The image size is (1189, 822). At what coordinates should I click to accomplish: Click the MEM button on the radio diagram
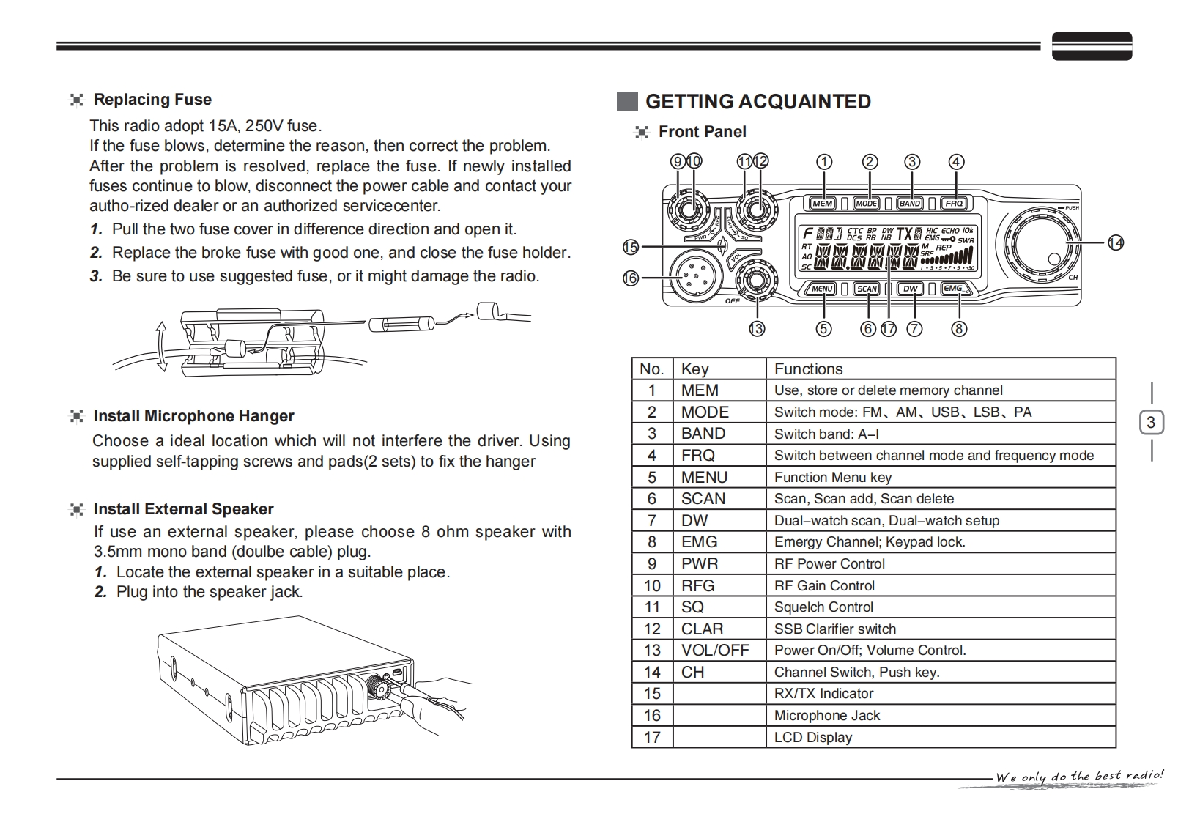[823, 203]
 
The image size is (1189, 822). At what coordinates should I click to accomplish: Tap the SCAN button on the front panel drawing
[867, 289]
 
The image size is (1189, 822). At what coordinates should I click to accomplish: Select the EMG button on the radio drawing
[954, 289]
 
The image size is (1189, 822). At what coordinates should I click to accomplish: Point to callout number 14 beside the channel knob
[1115, 242]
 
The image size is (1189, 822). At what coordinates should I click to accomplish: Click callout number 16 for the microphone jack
[631, 278]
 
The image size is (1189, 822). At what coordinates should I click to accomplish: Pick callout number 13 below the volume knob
[757, 329]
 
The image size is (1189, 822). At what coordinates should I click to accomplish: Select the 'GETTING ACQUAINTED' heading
[758, 101]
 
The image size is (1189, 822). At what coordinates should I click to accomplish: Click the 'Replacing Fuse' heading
[152, 100]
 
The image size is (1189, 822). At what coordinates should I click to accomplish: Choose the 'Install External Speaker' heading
[183, 509]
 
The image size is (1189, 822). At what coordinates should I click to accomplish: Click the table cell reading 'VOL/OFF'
[715, 651]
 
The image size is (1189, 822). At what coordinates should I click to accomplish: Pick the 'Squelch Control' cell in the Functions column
[823, 607]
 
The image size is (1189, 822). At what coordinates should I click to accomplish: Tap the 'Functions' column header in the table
[808, 369]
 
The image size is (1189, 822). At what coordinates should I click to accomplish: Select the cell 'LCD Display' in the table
[813, 738]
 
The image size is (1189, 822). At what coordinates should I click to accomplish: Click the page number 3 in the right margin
[1151, 423]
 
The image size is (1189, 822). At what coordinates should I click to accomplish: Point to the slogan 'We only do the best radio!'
[1079, 776]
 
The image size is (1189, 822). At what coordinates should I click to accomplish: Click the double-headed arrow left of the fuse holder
[161, 345]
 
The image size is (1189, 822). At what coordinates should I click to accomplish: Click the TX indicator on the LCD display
[905, 234]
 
